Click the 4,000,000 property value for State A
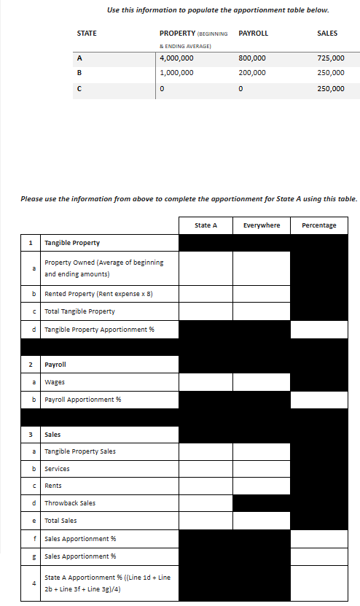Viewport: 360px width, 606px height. [176, 58]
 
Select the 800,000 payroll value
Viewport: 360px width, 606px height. [252, 58]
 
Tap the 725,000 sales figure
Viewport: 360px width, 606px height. [331, 58]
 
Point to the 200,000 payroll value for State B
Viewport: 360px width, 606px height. [252, 73]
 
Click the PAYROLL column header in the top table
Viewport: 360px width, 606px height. [253, 34]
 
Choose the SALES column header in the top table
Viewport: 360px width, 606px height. [327, 34]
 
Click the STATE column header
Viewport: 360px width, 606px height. [87, 34]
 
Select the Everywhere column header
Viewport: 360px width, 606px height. [262, 225]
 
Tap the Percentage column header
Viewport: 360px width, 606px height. [318, 225]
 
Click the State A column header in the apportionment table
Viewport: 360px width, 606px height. [206, 225]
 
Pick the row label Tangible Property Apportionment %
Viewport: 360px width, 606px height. [99, 330]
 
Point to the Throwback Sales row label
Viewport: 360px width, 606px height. [70, 503]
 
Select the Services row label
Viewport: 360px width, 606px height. [58, 469]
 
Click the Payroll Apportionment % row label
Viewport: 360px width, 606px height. [82, 400]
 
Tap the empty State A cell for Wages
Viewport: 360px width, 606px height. [206, 381]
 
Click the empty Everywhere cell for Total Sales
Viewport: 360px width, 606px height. [262, 521]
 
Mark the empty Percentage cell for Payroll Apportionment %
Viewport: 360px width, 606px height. [318, 400]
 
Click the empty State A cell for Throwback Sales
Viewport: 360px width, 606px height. [206, 503]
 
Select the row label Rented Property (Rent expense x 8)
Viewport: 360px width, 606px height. [98, 294]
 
